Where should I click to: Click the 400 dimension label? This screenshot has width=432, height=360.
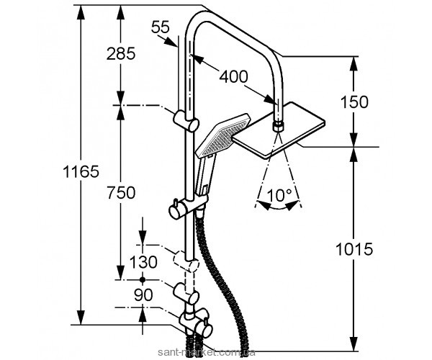[x=235, y=76]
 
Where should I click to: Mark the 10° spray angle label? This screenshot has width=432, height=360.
[x=279, y=194]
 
